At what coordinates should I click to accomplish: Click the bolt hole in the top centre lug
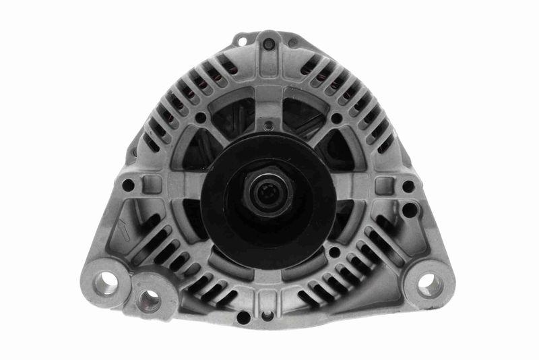coord(269,44)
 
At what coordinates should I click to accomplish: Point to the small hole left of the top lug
coord(242,42)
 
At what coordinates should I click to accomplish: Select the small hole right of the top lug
coord(294,43)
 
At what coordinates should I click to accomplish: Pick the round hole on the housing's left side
coord(127,185)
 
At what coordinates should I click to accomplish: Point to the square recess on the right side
coord(384,185)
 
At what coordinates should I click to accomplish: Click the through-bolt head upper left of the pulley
coord(201,118)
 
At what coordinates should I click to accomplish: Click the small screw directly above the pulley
coord(268,126)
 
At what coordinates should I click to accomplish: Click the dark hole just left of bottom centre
coord(243,316)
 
